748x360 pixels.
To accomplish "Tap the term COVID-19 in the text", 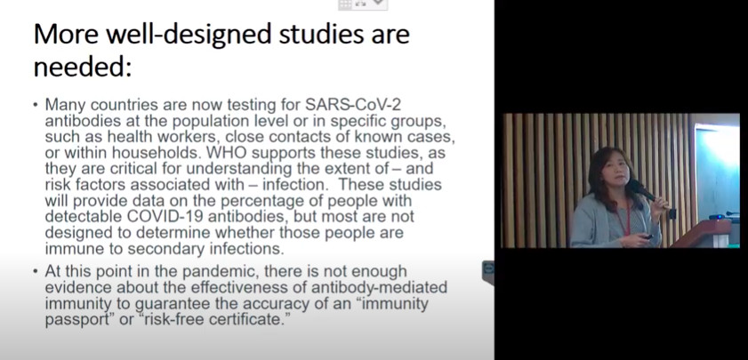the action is tap(165, 217).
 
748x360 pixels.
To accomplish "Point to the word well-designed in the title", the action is tap(189, 35).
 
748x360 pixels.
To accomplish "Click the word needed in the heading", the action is tap(82, 68).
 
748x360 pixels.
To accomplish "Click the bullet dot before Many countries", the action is tap(36, 104).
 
